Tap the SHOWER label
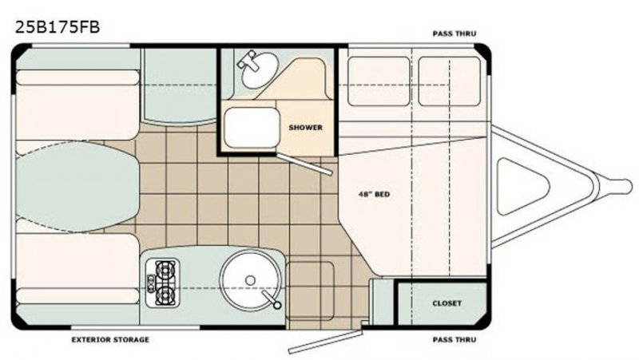305,127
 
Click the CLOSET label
447,303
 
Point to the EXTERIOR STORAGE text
110,339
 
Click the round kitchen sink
250,279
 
